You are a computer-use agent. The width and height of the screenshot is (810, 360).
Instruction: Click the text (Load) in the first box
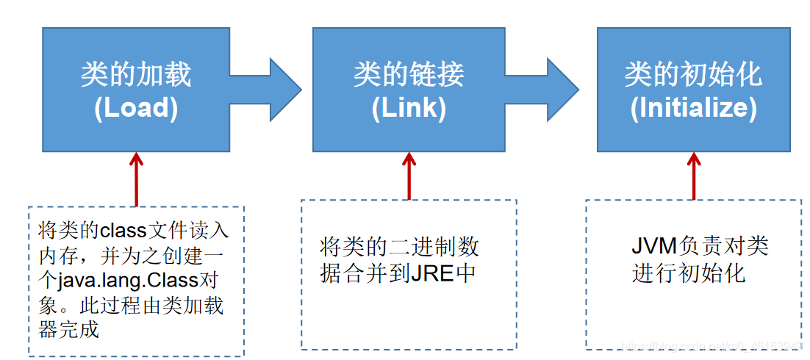click(136, 108)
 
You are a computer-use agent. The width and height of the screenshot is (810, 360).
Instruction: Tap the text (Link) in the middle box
click(409, 108)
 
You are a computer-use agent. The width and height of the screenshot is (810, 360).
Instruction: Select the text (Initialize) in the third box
click(693, 108)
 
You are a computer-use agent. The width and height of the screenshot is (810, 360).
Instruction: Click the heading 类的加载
click(136, 75)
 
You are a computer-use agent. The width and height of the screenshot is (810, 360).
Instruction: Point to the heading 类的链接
click(409, 75)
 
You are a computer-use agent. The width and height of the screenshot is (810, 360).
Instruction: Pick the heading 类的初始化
click(693, 75)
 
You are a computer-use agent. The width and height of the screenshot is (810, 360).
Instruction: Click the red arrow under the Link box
click(409, 175)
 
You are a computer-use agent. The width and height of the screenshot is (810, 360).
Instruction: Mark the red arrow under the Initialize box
click(692, 175)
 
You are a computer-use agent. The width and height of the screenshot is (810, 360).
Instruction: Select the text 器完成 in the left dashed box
click(68, 329)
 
